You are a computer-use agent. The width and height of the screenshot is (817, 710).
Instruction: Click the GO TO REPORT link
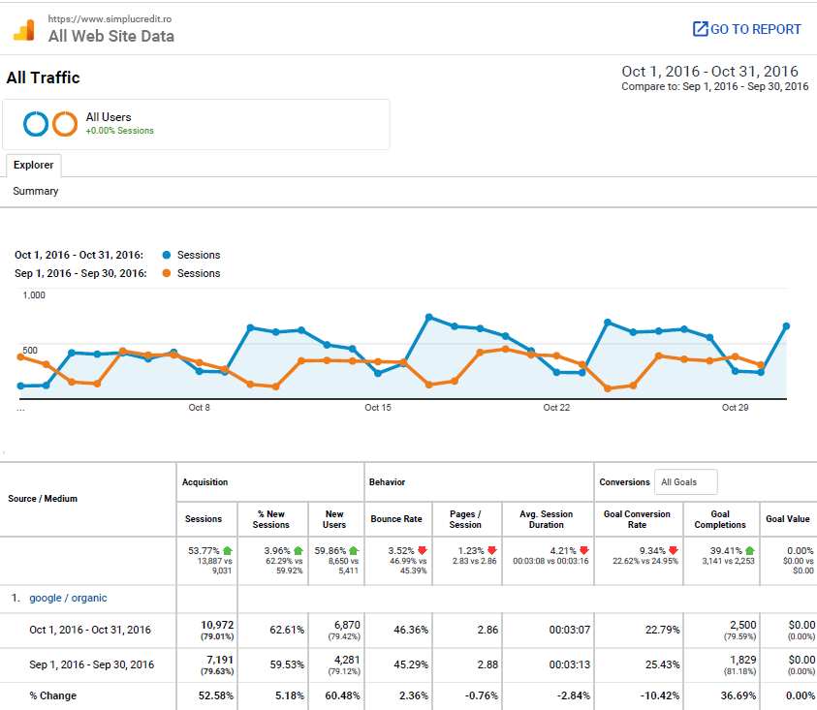pos(747,29)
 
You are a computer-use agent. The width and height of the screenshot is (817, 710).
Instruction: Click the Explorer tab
pos(33,165)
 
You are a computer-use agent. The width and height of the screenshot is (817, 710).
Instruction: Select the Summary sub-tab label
pos(36,192)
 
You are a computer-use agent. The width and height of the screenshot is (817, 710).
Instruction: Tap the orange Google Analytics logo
pos(25,30)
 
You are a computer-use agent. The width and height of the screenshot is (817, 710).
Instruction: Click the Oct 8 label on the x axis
pos(199,408)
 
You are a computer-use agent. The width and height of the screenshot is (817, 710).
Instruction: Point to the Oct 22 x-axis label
pos(556,408)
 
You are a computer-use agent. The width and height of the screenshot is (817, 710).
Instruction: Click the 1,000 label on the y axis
pos(34,295)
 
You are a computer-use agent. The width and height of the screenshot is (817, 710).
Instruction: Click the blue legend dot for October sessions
pos(166,256)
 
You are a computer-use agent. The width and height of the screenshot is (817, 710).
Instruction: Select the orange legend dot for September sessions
pos(166,274)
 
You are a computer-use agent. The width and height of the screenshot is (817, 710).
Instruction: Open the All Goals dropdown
pos(686,482)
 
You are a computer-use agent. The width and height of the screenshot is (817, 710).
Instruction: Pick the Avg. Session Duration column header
pos(546,519)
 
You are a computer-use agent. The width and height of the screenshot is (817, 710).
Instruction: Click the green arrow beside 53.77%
pos(227,551)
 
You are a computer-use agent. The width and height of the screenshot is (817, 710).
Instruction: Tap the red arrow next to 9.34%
pos(674,551)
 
